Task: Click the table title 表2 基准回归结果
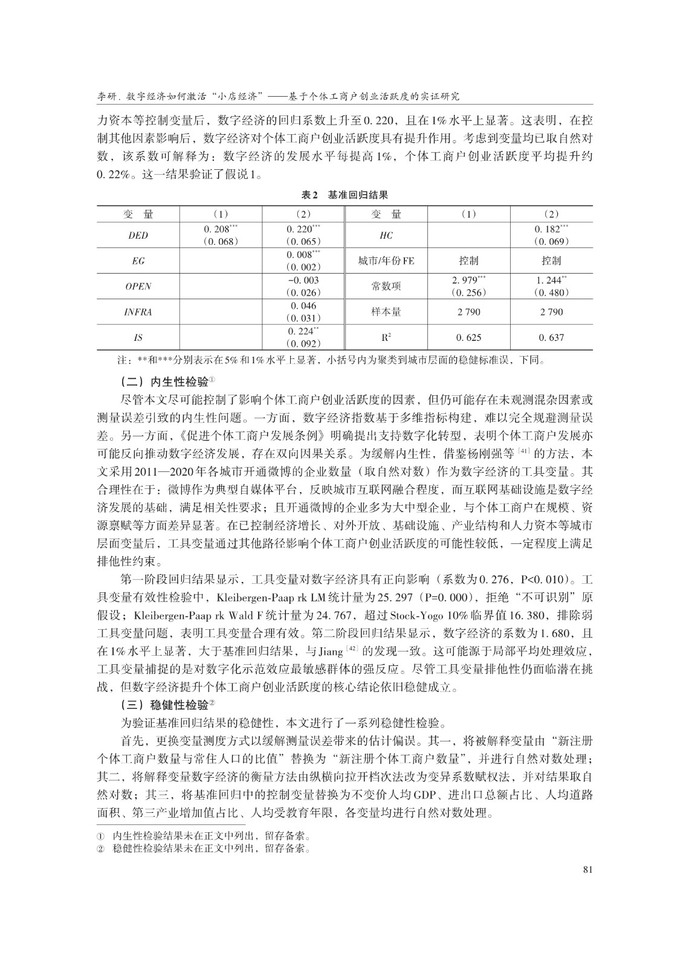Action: pyautogui.click(x=344, y=195)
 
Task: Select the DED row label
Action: pyautogui.click(x=138, y=236)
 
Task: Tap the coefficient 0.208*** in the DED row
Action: pyautogui.click(x=221, y=229)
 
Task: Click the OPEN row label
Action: pyautogui.click(x=138, y=286)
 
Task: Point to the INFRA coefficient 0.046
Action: pyautogui.click(x=303, y=306)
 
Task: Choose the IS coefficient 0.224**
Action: pyautogui.click(x=303, y=331)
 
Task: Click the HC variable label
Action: pyautogui.click(x=386, y=236)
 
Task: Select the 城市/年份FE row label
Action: pyautogui.click(x=386, y=261)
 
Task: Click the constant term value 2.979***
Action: pyautogui.click(x=469, y=280)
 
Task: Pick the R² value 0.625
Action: pyautogui.click(x=469, y=338)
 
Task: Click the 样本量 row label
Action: pyautogui.click(x=386, y=312)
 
